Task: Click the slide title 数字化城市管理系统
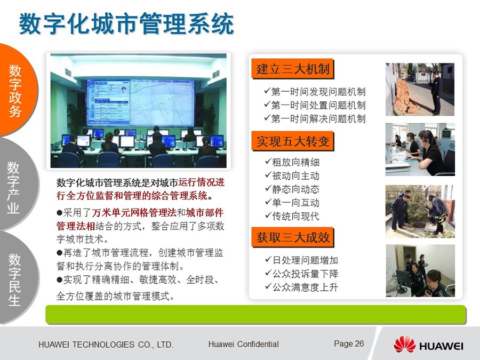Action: coord(126,23)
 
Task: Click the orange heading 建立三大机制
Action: coord(292,69)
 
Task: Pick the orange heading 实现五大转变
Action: coord(292,141)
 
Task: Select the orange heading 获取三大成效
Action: coord(292,237)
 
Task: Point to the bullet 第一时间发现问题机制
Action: coord(315,92)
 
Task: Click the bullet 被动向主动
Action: coord(292,175)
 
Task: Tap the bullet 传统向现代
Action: coord(292,216)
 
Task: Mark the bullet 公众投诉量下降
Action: coord(301,274)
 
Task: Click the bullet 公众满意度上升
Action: coord(301,287)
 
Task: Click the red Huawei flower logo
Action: coord(404,345)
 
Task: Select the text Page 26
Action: coord(349,344)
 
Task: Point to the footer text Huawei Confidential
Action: coord(243,344)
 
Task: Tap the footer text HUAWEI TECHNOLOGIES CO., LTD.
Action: coord(106,345)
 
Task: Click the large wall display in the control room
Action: coord(140,102)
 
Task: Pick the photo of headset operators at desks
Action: coord(420,149)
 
